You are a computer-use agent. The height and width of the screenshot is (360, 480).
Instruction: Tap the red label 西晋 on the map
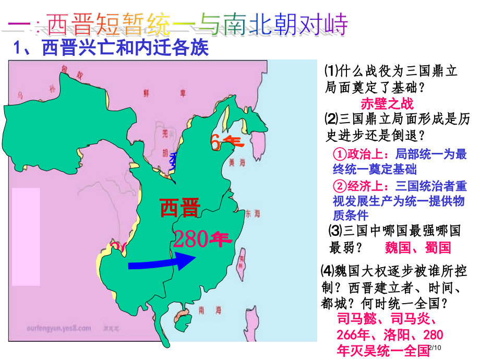[179, 208]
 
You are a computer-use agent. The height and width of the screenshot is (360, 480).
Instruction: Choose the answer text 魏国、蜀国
[417, 247]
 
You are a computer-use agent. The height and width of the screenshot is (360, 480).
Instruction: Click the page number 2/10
[435, 349]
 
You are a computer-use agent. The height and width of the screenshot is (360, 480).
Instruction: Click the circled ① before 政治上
[339, 154]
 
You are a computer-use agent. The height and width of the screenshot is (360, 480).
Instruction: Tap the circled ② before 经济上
[339, 186]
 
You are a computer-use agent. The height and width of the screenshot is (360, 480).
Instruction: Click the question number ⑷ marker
[327, 271]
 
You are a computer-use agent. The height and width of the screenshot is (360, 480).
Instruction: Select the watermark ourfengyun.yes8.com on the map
[58, 328]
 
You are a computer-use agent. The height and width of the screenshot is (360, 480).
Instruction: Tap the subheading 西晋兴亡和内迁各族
[125, 49]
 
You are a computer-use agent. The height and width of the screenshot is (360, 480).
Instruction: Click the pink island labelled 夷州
[242, 261]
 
